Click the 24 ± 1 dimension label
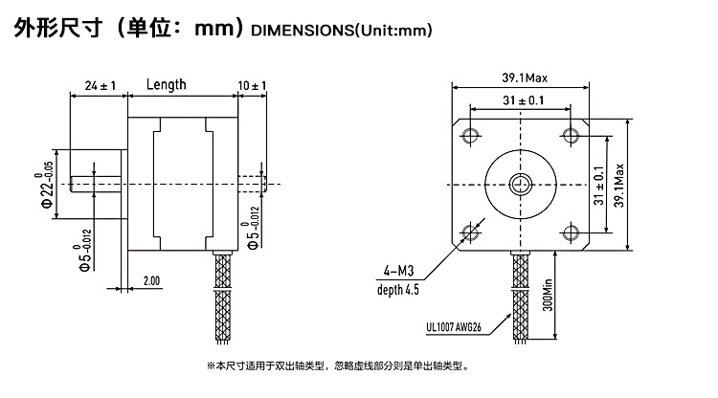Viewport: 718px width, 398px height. (101, 85)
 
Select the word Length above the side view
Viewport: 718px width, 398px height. (167, 84)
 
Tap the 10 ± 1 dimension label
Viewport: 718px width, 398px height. (252, 85)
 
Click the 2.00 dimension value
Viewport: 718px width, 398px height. (151, 280)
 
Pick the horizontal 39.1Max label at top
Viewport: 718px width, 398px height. (525, 77)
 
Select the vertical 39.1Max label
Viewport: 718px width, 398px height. (618, 186)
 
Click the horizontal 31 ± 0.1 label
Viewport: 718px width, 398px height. (524, 100)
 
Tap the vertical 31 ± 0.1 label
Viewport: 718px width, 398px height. (598, 186)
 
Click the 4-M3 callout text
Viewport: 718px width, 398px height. (399, 272)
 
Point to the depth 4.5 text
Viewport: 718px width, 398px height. (398, 290)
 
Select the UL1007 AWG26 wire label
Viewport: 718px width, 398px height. (454, 327)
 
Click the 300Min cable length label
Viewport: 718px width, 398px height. (548, 295)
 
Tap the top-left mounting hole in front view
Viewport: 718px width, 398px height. (470, 136)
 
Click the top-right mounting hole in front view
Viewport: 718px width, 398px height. (571, 136)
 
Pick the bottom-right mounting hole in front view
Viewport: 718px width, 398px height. (571, 232)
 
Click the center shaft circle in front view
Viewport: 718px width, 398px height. (521, 185)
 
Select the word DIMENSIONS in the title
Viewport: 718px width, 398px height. (303, 31)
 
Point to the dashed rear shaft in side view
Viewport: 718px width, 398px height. (253, 184)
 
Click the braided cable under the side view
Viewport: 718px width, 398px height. (223, 297)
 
